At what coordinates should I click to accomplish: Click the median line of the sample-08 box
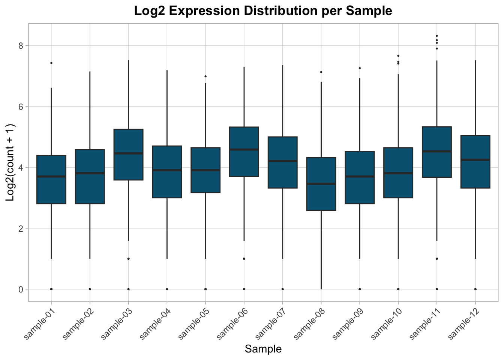321,184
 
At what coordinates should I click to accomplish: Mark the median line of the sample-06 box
244,150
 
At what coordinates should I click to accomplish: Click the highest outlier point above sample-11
437,36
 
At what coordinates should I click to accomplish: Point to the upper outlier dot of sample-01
51,63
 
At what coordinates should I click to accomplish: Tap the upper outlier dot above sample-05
205,76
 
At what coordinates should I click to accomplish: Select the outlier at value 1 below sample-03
129,259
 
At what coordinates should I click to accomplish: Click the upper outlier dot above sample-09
360,68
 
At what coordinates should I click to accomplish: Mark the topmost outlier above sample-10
398,56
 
